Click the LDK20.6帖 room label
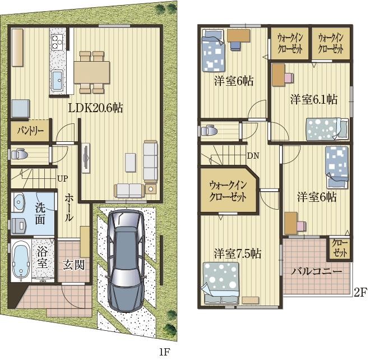click(x=95, y=108)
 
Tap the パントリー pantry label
click(x=30, y=131)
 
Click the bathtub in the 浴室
click(x=21, y=261)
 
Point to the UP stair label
click(x=63, y=179)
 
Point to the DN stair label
click(x=253, y=155)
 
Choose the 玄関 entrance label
click(x=73, y=265)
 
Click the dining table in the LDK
click(x=92, y=72)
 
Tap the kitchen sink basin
click(x=57, y=80)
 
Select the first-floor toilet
click(x=19, y=155)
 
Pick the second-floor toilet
click(x=209, y=130)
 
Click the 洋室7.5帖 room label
click(x=237, y=254)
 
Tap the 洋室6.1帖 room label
click(x=314, y=99)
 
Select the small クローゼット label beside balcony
click(x=340, y=248)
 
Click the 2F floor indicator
click(x=360, y=293)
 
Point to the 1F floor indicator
click(x=164, y=353)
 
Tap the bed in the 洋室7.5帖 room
click(x=221, y=283)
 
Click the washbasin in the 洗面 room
click(x=18, y=202)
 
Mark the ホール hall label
click(x=68, y=207)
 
